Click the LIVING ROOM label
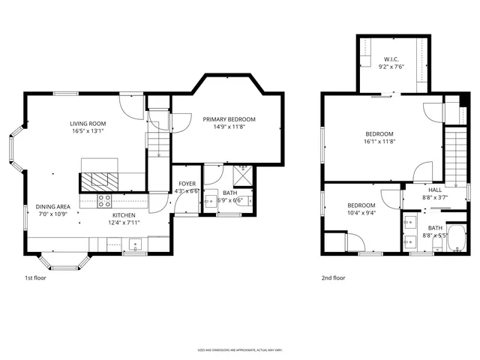click(88, 124)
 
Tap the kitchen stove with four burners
click(105, 200)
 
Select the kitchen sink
click(135, 243)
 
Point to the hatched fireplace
click(97, 181)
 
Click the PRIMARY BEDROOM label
click(229, 119)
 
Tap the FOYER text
click(187, 184)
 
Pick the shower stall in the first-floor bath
click(242, 175)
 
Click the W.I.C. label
click(391, 59)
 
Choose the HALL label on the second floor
click(435, 190)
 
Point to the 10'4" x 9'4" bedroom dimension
click(361, 213)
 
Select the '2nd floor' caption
click(334, 278)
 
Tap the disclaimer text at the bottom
click(240, 349)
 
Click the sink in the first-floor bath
click(209, 200)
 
